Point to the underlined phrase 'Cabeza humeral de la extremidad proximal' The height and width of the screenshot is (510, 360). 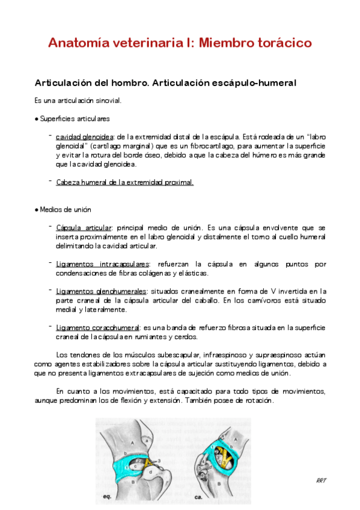click(124, 182)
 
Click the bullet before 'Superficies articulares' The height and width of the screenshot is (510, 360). click(37, 118)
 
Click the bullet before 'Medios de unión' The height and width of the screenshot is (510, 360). click(37, 210)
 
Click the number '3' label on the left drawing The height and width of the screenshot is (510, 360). click(159, 460)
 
